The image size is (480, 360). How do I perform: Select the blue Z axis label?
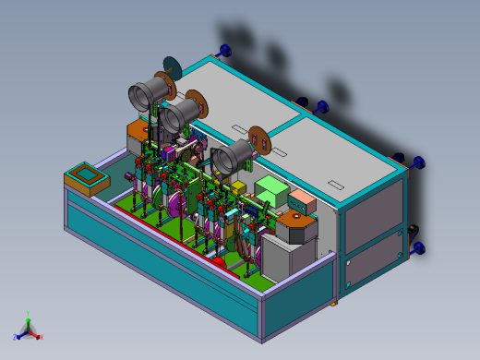16,337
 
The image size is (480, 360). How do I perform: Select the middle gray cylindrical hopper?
179,114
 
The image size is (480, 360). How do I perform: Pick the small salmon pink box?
301,199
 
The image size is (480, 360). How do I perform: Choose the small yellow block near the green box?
237,187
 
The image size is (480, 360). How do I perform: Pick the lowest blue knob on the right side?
418,247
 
